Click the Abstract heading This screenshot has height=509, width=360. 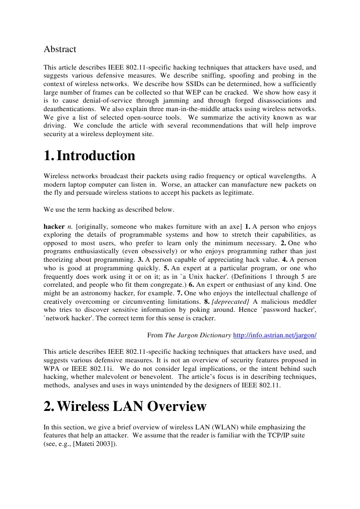(x=60, y=49)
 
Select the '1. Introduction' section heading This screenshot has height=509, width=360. (x=90, y=156)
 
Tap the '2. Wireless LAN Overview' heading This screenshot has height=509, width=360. (x=125, y=406)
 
